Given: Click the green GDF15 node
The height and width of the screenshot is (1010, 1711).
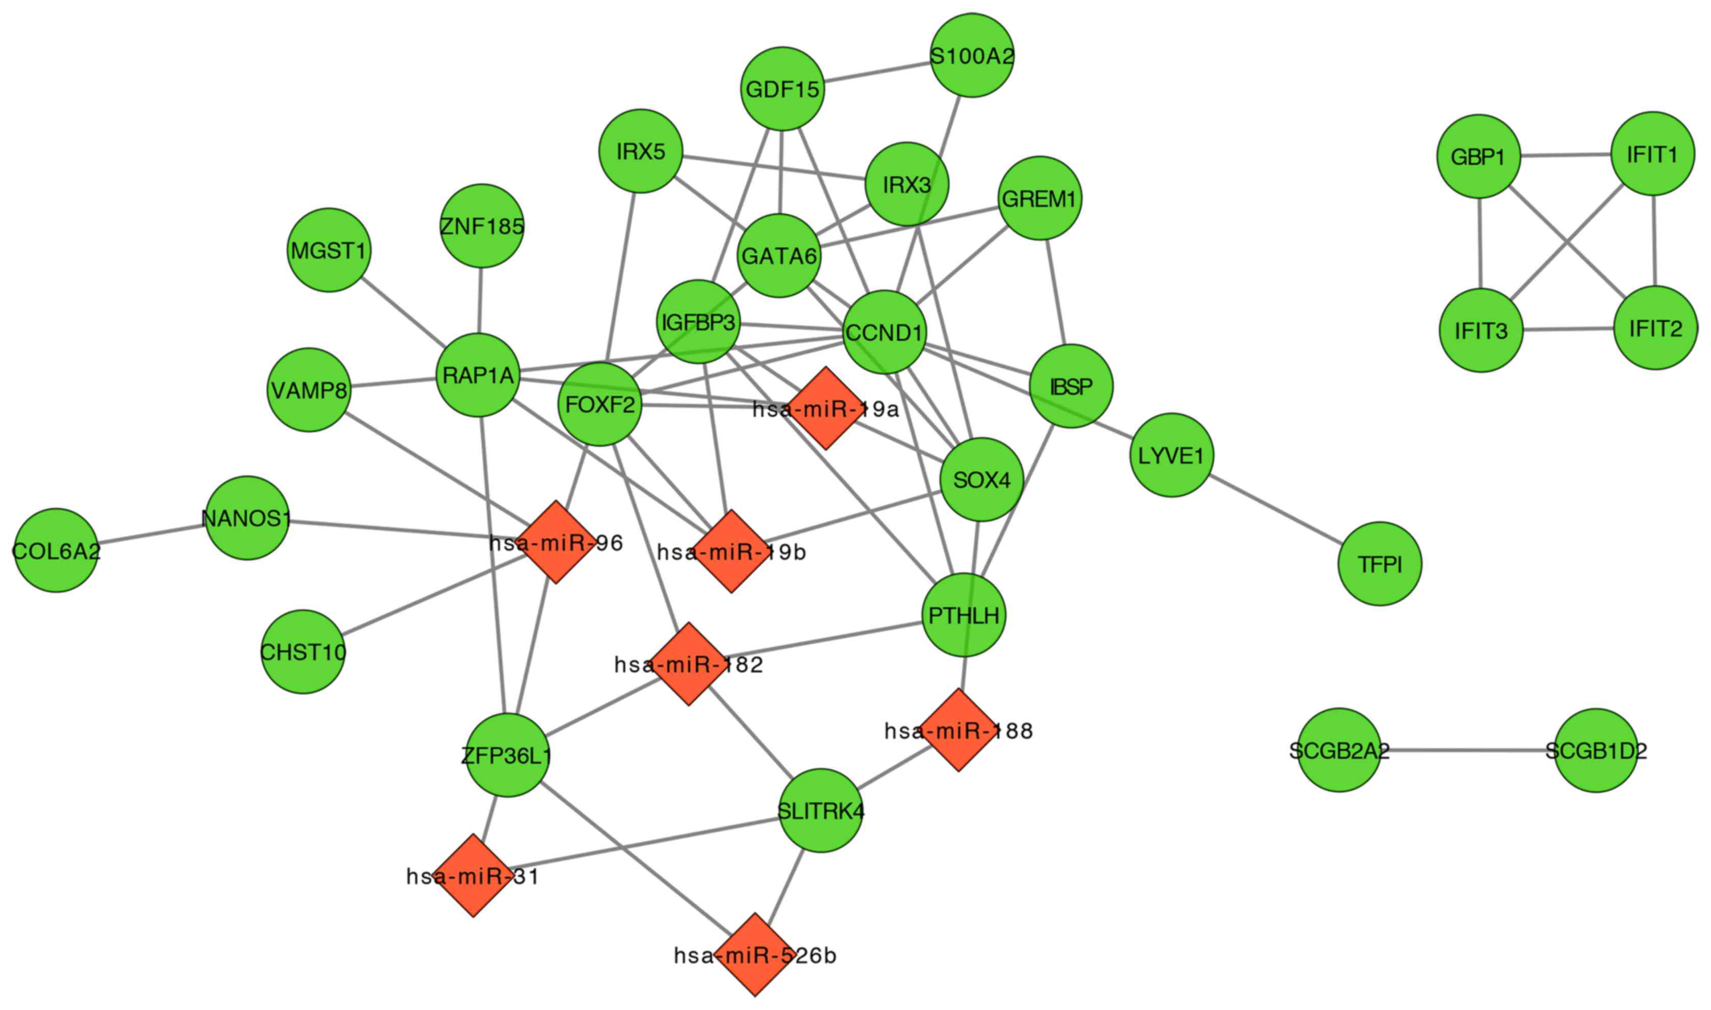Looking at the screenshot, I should pos(782,88).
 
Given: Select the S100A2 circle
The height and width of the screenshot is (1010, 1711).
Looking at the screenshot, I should pos(971,55).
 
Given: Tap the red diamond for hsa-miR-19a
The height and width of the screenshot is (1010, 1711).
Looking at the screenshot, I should pos(825,409).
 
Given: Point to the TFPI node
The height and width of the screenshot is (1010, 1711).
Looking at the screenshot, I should pos(1379,564).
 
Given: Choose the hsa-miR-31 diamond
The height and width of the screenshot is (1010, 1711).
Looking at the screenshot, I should pos(473,876).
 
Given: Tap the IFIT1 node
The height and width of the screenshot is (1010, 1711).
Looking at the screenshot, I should pos(1652,154).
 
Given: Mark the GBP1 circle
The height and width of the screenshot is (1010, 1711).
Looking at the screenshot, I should pos(1478,157).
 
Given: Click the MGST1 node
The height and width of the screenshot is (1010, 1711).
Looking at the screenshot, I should pos(329,250).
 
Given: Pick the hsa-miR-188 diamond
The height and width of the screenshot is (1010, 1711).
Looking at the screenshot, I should pos(958,730).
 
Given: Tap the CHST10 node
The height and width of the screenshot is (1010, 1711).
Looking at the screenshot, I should pos(303,651).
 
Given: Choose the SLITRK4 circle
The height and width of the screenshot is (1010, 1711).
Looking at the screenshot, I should pos(820,811).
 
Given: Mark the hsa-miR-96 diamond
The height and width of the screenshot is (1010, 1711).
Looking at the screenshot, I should pos(556,542).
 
